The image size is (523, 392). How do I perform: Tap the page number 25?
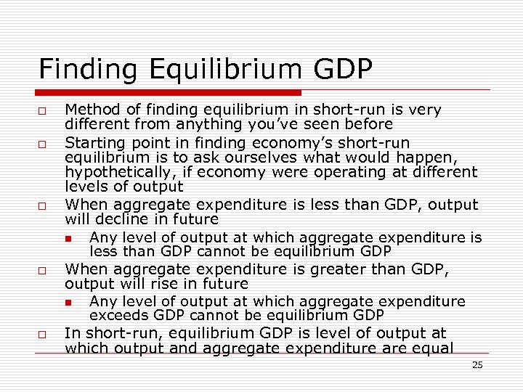[477, 365]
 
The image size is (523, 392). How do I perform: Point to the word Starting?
[94, 142]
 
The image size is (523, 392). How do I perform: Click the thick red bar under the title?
[170, 93]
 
